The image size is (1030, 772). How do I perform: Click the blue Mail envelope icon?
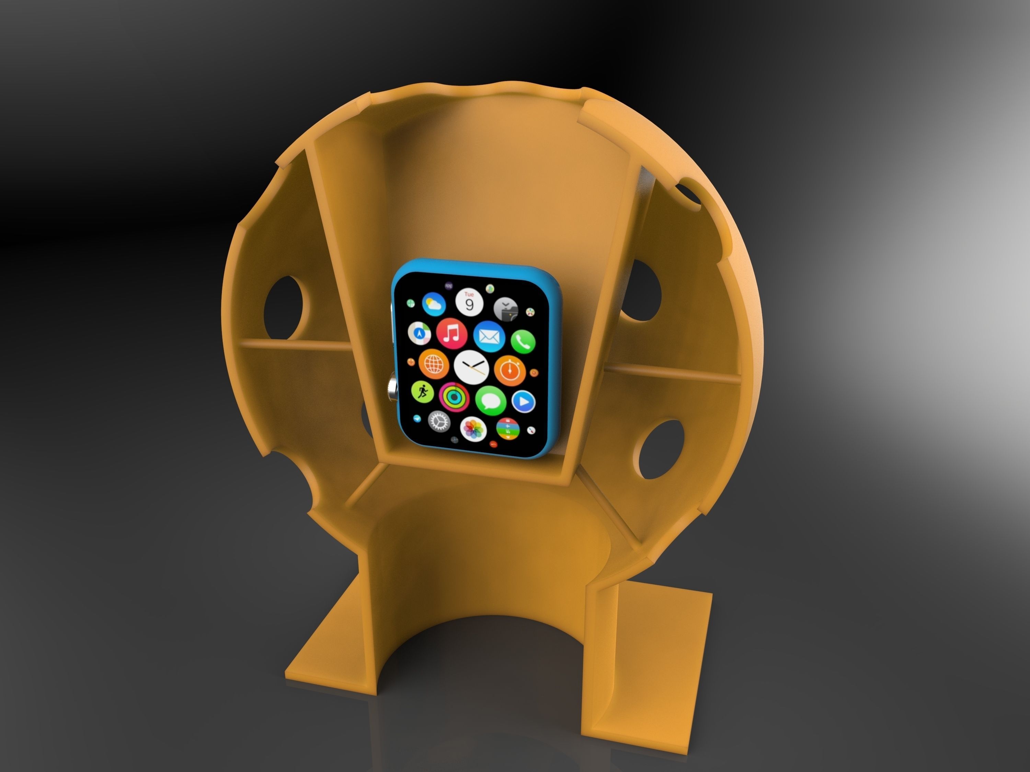tap(489, 336)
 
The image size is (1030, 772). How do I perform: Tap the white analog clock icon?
tap(471, 367)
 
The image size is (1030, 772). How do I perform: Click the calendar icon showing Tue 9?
tap(469, 303)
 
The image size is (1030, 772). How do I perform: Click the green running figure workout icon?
tap(422, 392)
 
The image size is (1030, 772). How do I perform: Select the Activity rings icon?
tap(454, 397)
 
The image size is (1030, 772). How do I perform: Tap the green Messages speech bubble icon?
tap(490, 400)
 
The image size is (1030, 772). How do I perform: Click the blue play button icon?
tap(523, 401)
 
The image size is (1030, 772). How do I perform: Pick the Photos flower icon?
tap(473, 428)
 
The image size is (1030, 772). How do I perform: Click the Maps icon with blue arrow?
tap(420, 333)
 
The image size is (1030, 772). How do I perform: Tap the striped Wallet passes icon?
tap(507, 429)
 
